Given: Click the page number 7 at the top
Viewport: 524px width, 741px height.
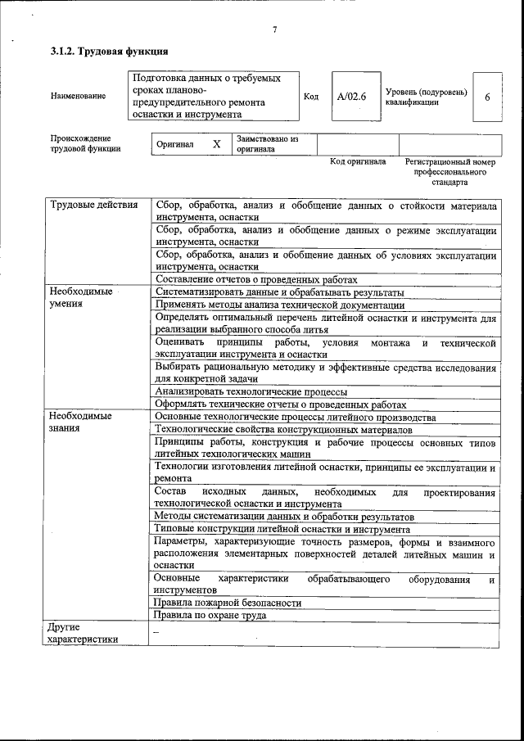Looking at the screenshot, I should point(275,30).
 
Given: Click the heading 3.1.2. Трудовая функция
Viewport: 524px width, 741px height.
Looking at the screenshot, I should point(98,52).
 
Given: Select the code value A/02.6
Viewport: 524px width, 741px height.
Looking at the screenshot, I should point(351,97).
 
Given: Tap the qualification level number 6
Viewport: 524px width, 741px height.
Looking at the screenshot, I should point(487,97).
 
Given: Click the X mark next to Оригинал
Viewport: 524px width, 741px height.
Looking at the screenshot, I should point(217,144).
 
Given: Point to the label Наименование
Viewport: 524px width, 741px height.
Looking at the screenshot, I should point(78,97).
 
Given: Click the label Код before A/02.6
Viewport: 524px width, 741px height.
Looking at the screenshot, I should point(311,97).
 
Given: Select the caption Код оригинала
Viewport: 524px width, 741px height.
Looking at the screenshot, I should point(358,162).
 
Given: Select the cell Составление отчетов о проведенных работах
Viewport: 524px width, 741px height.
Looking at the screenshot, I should point(256,279).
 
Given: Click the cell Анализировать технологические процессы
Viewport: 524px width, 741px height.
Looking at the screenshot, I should point(251,391).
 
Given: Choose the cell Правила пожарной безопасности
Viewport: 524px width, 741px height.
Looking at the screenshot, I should point(228,603).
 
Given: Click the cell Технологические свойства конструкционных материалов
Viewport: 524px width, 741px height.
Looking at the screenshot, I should point(283,429).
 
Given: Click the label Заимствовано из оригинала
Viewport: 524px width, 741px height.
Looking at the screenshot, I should point(267,144).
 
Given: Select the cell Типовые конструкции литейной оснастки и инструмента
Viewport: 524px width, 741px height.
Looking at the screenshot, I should point(282,529).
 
